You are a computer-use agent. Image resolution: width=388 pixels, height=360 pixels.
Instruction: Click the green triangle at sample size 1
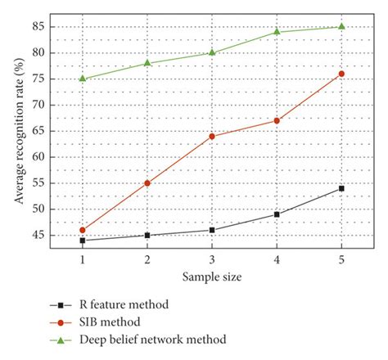83,79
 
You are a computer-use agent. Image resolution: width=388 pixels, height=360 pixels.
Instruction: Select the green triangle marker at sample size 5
341,26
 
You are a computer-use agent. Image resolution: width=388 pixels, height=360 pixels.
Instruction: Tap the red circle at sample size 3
212,136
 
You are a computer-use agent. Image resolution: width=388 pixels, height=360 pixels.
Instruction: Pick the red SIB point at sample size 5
341,74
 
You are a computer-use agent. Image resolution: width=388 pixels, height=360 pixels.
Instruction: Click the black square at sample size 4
277,214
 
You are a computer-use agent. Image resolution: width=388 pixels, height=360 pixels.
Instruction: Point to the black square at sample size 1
83,241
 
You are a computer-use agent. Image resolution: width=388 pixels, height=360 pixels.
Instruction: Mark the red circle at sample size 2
147,183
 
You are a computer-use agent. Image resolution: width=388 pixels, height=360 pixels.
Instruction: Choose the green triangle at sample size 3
212,52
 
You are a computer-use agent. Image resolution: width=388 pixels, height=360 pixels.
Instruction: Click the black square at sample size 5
341,188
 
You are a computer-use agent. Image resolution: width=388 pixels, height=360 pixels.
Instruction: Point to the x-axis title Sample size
212,277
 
